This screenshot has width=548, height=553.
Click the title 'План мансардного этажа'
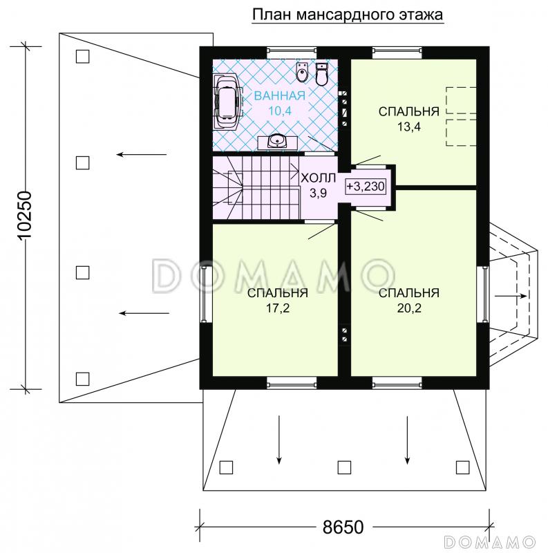pos(348,15)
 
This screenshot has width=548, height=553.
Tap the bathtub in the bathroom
pos(228,102)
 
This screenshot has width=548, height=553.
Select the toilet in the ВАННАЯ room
pos(321,74)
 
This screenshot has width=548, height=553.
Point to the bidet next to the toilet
pos(302,73)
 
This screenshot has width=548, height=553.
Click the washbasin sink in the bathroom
pos(278,142)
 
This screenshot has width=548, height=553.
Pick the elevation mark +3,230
pos(366,186)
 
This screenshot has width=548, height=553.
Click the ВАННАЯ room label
pos(280,95)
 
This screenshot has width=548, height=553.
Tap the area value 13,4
pos(409,127)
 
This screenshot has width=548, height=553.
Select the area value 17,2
pos(278,308)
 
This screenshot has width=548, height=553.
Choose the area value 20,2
pos(409,308)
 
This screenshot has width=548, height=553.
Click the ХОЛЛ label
pos(318,178)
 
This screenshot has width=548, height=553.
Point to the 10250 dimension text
pos(25,216)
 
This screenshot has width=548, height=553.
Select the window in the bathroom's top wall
pos(292,53)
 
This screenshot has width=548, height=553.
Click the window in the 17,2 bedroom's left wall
pos(205,294)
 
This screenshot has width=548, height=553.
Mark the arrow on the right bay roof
pos(511,297)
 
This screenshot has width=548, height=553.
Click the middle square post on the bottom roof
pos(344,467)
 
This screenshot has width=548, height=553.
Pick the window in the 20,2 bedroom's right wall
pos(482,294)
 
